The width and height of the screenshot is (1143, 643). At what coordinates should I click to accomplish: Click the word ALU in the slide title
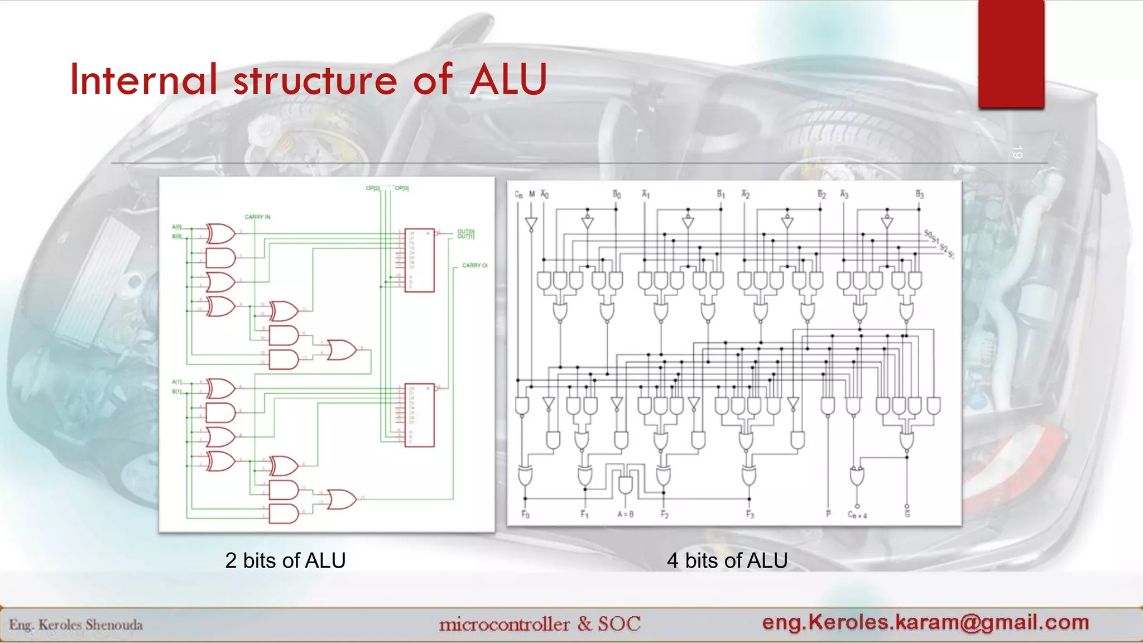click(x=508, y=79)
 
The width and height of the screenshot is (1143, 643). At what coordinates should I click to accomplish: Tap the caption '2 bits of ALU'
click(x=285, y=560)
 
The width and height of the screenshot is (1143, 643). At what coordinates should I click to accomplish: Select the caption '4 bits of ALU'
click(x=727, y=560)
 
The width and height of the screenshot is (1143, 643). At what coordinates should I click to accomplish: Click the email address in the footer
click(x=925, y=622)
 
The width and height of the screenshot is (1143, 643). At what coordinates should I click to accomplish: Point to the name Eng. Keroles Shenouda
click(x=76, y=625)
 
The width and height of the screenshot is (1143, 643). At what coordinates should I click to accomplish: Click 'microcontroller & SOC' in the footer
click(x=540, y=623)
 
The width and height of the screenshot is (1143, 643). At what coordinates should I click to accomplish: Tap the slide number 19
click(x=1017, y=152)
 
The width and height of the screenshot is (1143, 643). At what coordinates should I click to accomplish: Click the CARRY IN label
click(x=257, y=217)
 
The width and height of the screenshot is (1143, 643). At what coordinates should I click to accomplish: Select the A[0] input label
click(x=176, y=227)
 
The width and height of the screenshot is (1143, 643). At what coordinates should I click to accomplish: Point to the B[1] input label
click(x=176, y=391)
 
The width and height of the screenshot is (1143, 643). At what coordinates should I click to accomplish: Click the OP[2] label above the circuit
click(x=372, y=188)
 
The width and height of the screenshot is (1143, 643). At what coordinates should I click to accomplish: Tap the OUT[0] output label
click(x=465, y=231)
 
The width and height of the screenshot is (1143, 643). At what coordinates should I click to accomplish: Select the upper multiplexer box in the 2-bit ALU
click(x=419, y=260)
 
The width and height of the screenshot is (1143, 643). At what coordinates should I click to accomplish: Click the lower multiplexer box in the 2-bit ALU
click(x=419, y=415)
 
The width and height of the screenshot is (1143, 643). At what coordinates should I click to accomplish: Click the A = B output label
click(x=625, y=514)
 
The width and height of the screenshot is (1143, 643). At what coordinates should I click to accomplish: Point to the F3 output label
click(x=750, y=514)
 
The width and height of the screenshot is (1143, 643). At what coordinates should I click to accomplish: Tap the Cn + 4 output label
click(x=857, y=515)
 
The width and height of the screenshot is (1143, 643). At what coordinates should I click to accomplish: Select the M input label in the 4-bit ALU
click(x=532, y=194)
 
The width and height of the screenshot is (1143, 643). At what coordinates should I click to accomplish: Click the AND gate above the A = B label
click(x=625, y=484)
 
